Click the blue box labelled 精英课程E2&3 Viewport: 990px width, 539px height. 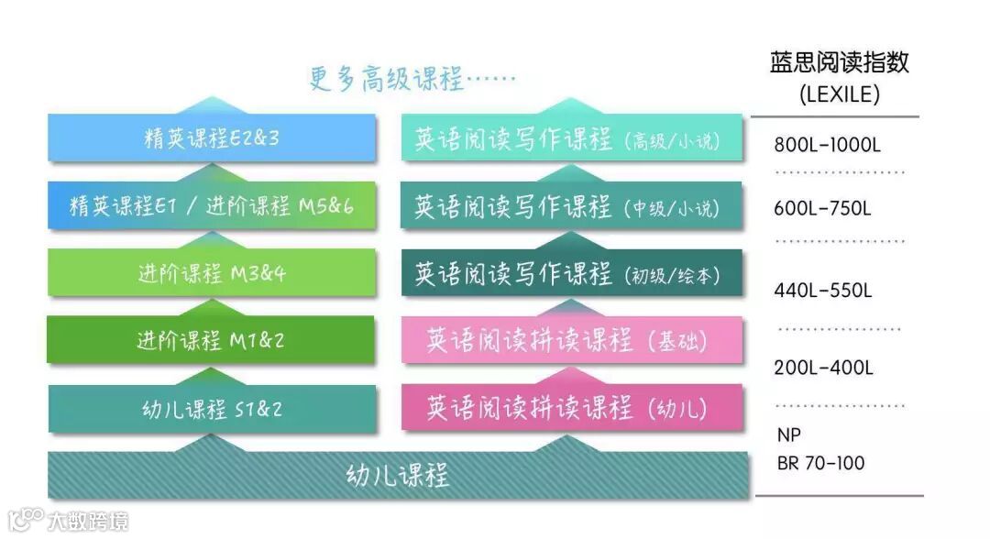coord(212,139)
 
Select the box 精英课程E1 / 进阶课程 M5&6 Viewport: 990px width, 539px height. coord(212,206)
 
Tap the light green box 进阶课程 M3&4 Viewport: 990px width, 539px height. coord(212,273)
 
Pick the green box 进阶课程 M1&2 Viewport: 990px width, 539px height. coord(212,340)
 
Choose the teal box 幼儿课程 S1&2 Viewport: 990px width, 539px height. coord(212,409)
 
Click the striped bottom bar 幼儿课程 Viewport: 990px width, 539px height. coord(398,476)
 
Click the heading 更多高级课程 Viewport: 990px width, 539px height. coord(412,79)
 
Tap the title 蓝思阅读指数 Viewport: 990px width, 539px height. coord(839,62)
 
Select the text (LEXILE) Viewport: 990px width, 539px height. coord(839,93)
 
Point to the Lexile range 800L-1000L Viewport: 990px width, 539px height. coord(828,145)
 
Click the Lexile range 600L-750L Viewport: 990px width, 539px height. coord(821,209)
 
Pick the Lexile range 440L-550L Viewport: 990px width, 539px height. coord(823,291)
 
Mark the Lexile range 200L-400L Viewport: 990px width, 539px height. coord(823,368)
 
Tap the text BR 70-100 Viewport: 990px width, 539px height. coord(820,463)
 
